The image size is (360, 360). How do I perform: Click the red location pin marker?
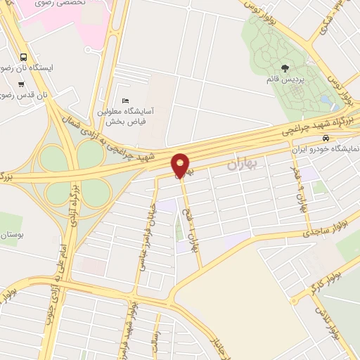point(181,164)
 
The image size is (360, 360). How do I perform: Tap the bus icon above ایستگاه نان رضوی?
point(25,57)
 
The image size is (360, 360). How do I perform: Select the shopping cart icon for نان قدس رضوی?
point(21,83)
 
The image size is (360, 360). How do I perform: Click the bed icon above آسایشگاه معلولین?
point(126,100)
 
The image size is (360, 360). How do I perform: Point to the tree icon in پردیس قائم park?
point(285,67)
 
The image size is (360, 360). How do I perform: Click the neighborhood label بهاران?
point(243,165)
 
